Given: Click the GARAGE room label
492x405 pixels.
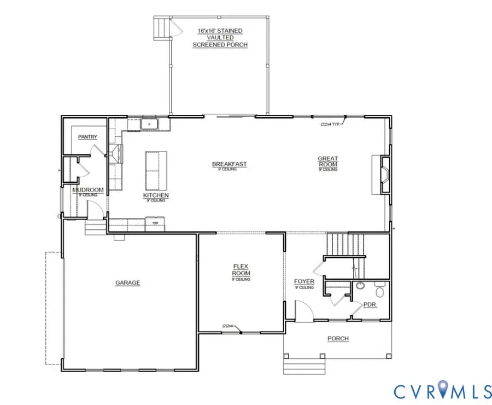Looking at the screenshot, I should (x=127, y=283).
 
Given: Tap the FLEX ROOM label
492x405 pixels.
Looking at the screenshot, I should (x=241, y=270).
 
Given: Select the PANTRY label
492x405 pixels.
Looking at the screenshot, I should (x=87, y=136).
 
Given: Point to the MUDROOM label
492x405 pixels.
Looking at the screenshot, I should (x=87, y=190).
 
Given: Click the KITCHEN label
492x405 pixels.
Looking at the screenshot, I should (x=156, y=195).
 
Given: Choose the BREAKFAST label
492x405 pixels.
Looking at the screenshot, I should (x=230, y=164).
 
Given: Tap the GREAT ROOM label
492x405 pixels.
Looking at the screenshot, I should (x=328, y=161).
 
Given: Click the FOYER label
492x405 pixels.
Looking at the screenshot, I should (x=304, y=282).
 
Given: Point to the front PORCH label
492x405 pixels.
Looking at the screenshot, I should (x=338, y=338).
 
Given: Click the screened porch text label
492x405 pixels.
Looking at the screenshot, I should (x=220, y=37).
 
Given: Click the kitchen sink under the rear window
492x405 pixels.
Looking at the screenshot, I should (x=148, y=125).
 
